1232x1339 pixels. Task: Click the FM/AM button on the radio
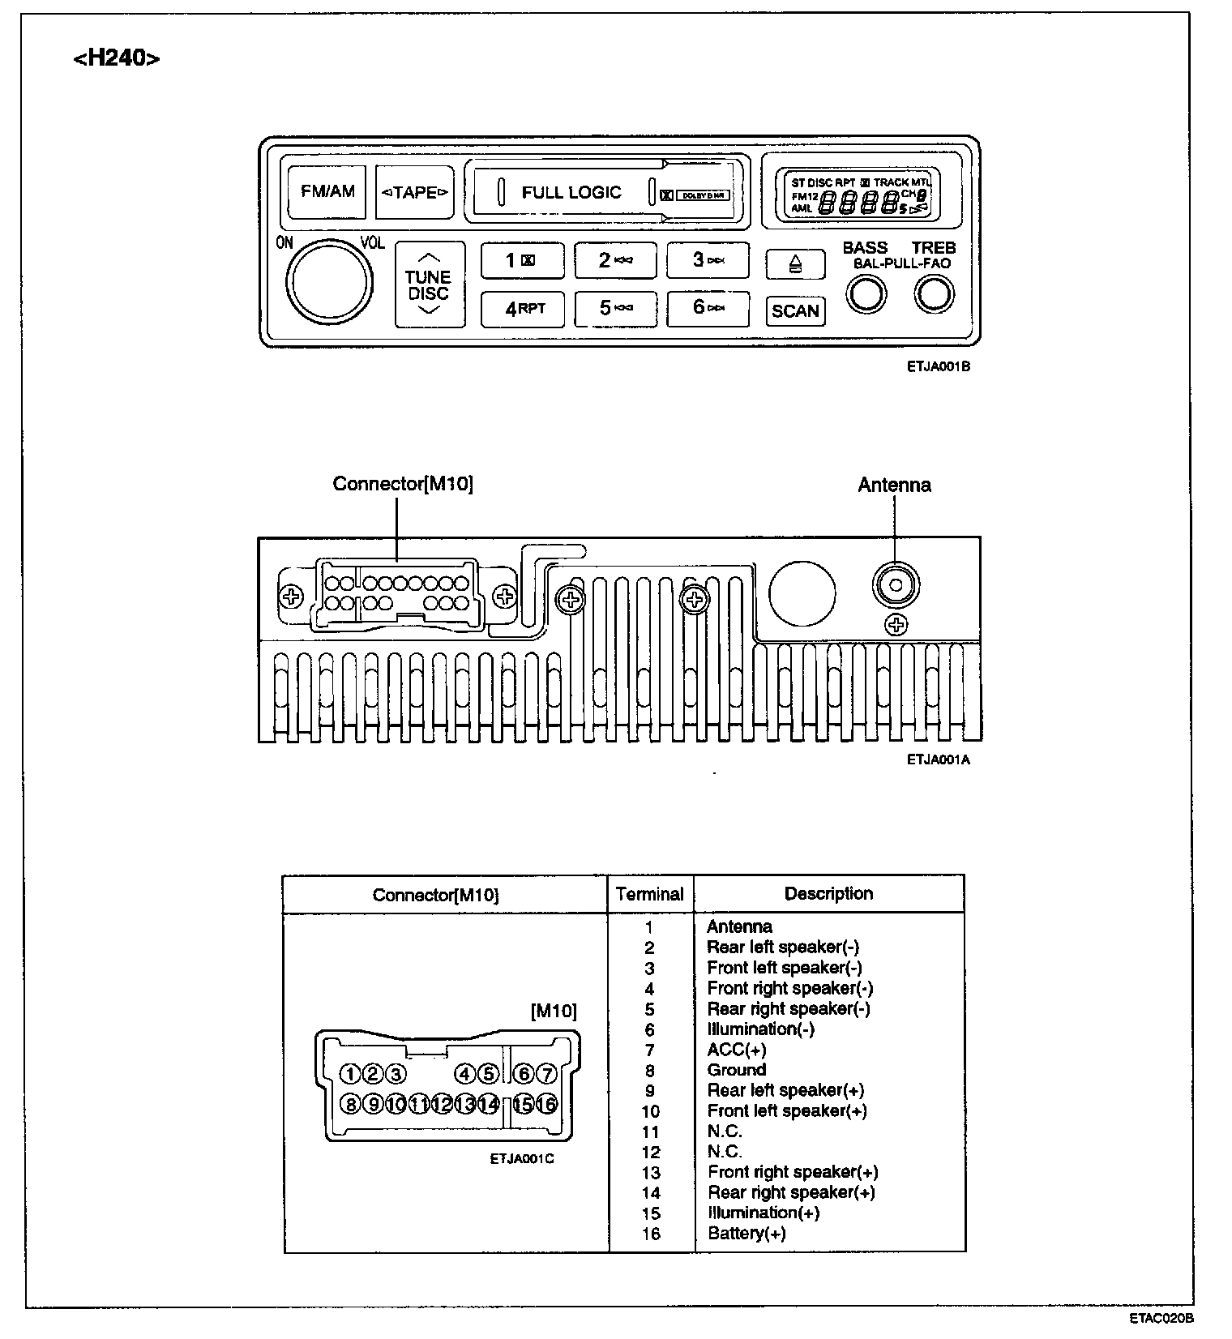tap(327, 192)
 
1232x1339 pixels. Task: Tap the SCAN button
tap(795, 311)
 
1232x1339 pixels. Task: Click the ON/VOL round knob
tap(329, 280)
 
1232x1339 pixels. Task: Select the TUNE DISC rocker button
tap(429, 285)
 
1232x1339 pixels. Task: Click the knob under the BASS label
tap(866, 294)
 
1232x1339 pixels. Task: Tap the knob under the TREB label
tap(934, 294)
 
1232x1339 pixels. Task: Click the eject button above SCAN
tap(795, 264)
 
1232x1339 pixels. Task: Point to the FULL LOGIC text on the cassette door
tap(571, 193)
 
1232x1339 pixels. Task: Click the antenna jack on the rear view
tap(896, 584)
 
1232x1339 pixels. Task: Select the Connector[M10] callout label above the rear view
tap(403, 484)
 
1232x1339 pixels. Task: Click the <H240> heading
tap(117, 58)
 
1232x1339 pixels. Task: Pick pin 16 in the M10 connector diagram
tap(547, 1104)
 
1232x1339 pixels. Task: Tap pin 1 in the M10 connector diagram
tap(349, 1074)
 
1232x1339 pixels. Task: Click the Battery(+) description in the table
tap(746, 1234)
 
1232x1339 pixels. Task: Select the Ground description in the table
tap(736, 1070)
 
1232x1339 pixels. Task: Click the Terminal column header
tap(650, 894)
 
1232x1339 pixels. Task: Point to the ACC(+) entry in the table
tap(736, 1050)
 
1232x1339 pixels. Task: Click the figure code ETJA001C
tap(521, 1159)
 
